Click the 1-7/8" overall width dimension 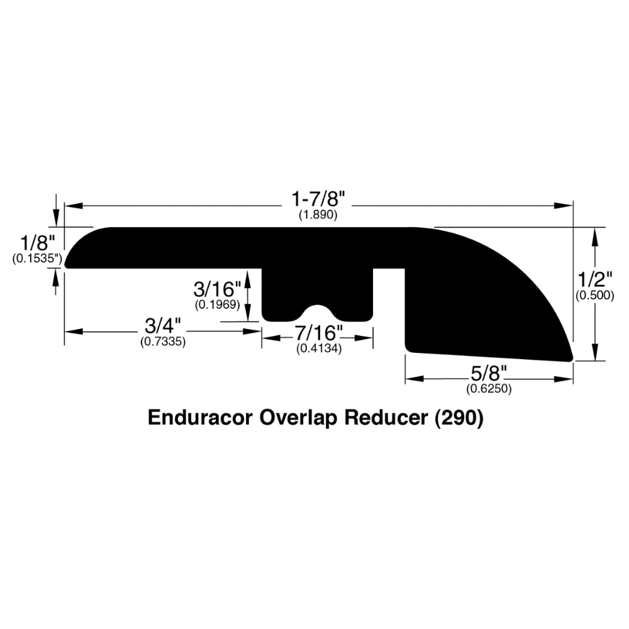318,199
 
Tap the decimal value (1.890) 318,215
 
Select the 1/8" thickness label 37,243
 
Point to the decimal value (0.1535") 37,259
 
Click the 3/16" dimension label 217,289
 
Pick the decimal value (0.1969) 218,305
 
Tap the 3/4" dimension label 163,325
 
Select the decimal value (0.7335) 163,342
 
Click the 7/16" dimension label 319,333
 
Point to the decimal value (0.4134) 319,349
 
